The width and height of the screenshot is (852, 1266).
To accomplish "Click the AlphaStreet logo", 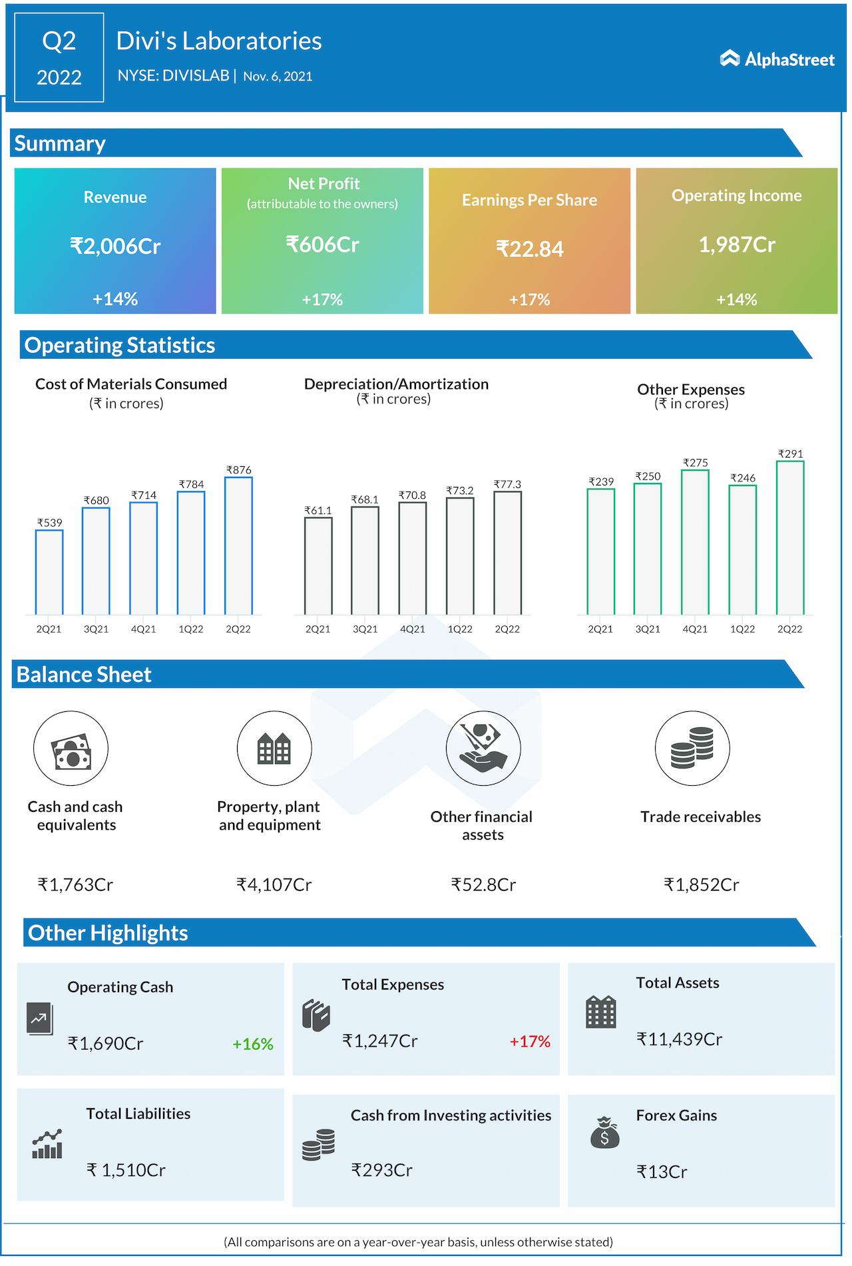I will pyautogui.click(x=777, y=59).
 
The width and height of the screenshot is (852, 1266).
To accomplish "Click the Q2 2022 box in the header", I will pyautogui.click(x=59, y=58).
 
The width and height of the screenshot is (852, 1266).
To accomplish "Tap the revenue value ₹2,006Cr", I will pyautogui.click(x=115, y=246).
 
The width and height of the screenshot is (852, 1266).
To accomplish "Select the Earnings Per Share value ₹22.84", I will pyautogui.click(x=529, y=249).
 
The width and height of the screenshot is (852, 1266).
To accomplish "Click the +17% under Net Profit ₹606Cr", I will pyautogui.click(x=322, y=300).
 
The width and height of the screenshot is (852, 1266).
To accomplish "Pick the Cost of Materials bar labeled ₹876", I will pyautogui.click(x=238, y=545).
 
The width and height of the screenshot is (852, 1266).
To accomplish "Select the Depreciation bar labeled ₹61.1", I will pyautogui.click(x=318, y=565).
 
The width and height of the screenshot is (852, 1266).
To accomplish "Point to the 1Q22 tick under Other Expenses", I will pyautogui.click(x=742, y=629).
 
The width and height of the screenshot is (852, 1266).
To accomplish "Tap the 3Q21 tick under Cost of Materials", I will pyautogui.click(x=96, y=629).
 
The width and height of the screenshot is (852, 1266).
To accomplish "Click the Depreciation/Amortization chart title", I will pyautogui.click(x=396, y=384).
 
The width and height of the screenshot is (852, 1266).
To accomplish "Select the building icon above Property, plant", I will pyautogui.click(x=274, y=749).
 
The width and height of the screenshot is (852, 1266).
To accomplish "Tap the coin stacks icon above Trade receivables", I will pyautogui.click(x=692, y=749).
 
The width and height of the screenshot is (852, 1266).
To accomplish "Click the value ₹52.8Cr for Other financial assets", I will pyautogui.click(x=483, y=885).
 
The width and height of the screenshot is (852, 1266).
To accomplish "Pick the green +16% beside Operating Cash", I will pyautogui.click(x=252, y=1044).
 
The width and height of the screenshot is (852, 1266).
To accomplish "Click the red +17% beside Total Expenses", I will pyautogui.click(x=530, y=1042).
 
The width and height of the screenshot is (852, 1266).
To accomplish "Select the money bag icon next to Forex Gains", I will pyautogui.click(x=604, y=1131).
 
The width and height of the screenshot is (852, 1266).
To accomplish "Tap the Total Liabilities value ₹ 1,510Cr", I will pyautogui.click(x=126, y=1170).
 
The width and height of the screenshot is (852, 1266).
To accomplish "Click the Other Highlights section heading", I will pyautogui.click(x=108, y=933).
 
